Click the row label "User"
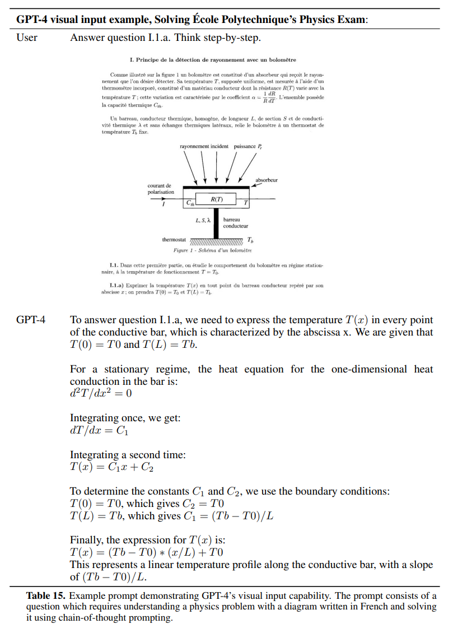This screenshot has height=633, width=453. [27, 38]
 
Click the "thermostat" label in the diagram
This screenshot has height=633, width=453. [174, 240]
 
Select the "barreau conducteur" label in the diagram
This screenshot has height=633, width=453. [235, 222]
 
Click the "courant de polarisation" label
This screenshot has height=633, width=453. [161, 189]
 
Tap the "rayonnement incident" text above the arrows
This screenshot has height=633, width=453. [204, 146]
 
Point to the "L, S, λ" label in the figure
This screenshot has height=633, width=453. [203, 220]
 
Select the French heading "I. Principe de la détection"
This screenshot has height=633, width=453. [212, 59]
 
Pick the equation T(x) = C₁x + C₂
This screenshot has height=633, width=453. [111, 468]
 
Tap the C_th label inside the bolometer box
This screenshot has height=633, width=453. [191, 203]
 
